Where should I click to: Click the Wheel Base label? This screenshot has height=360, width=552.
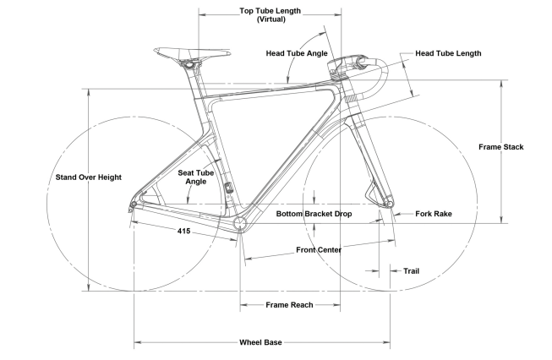(x=260, y=342)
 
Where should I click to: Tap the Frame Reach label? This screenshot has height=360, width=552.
(x=290, y=305)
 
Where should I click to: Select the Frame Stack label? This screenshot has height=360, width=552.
(x=500, y=146)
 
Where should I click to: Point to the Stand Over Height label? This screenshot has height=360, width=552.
(x=89, y=177)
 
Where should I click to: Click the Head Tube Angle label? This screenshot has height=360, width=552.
(x=296, y=53)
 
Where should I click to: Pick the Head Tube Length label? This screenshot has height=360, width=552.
(x=448, y=53)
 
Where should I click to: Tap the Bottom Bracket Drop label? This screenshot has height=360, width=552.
(x=314, y=215)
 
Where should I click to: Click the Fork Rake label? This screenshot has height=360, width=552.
(x=434, y=215)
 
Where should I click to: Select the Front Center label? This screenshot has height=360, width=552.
(x=319, y=250)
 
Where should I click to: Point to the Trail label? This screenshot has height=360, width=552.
(x=411, y=271)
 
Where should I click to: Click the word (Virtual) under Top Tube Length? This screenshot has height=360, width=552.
(x=271, y=19)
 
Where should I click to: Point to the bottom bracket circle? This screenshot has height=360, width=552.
(x=240, y=224)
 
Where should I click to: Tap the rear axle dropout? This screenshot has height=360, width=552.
(x=133, y=205)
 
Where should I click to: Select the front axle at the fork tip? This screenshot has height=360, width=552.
(x=389, y=202)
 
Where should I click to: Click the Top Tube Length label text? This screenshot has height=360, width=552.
(x=271, y=11)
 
